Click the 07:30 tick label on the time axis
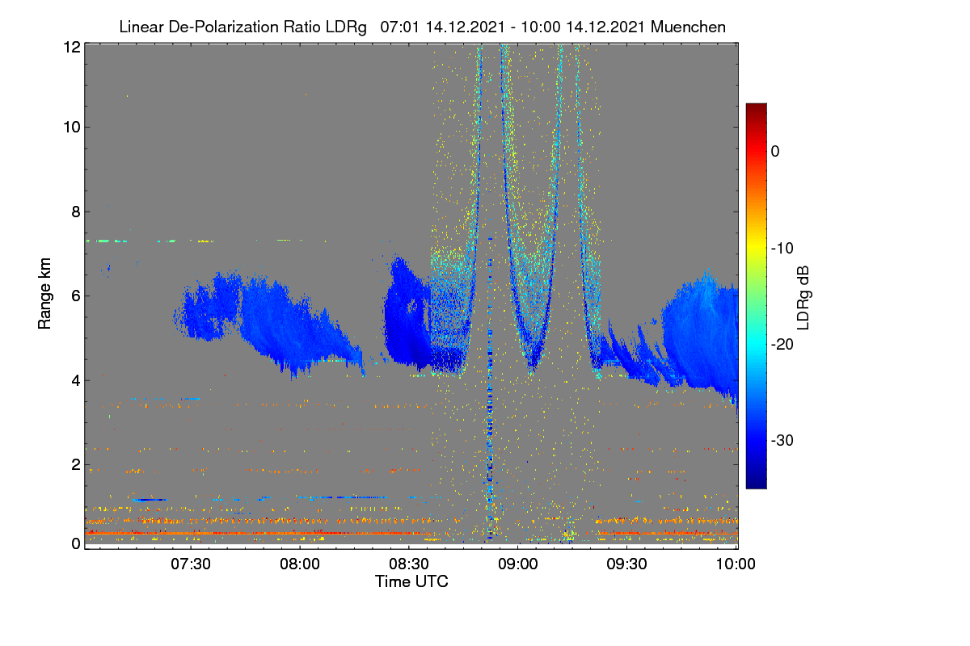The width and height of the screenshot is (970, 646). pyautogui.click(x=191, y=564)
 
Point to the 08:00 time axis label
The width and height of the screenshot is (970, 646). pyautogui.click(x=300, y=564)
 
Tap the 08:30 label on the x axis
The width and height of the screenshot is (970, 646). pyautogui.click(x=409, y=564)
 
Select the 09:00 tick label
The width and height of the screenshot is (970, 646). pyautogui.click(x=518, y=564)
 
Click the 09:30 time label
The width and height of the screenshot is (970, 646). pyautogui.click(x=626, y=564)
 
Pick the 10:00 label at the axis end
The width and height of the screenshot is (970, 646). pyautogui.click(x=736, y=564)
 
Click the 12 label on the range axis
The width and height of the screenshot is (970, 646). pyautogui.click(x=72, y=47)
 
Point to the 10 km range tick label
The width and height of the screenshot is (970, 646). pyautogui.click(x=72, y=128)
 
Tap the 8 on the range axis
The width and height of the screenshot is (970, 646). pyautogui.click(x=76, y=212)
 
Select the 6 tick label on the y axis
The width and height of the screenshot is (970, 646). pyautogui.click(x=76, y=296)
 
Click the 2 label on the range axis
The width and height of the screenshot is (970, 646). pyautogui.click(x=76, y=464)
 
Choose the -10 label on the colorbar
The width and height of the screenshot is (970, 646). pyautogui.click(x=782, y=249)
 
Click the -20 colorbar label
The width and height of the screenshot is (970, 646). pyautogui.click(x=782, y=345)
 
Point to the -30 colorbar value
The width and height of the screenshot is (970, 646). pyautogui.click(x=782, y=440)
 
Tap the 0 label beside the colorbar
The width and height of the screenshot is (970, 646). pyautogui.click(x=775, y=152)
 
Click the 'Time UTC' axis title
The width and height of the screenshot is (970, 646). pyautogui.click(x=411, y=581)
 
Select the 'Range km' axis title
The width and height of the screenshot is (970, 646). pyautogui.click(x=44, y=294)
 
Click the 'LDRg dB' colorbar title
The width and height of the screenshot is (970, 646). pyautogui.click(x=803, y=298)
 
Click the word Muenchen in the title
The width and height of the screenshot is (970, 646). pyautogui.click(x=688, y=27)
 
